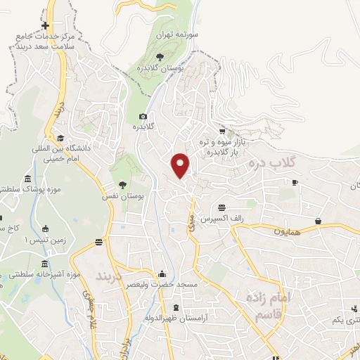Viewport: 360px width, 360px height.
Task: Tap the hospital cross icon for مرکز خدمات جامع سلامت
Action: pos(45,25)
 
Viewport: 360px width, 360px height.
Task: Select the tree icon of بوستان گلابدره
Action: pos(160,58)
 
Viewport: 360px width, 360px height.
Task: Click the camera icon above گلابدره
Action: pos(143,116)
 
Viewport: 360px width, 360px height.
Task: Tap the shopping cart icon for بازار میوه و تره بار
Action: pos(222,131)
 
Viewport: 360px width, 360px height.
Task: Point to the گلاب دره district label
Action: pos(273,162)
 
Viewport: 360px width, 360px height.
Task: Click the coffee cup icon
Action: pos(295,183)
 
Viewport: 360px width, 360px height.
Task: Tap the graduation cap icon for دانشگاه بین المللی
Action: pos(61,137)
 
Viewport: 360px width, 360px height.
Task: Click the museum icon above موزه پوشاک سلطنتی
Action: pos(27,179)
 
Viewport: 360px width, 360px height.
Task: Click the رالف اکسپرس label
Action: pos(222,219)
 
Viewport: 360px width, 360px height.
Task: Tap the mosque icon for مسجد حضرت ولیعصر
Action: pos(163,274)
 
